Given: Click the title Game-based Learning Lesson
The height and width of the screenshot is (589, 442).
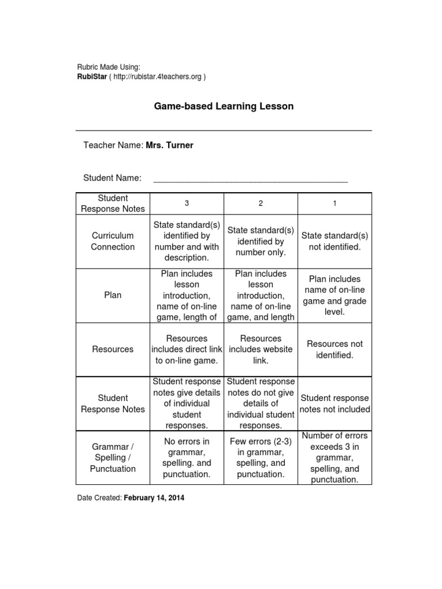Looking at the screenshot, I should [223, 106].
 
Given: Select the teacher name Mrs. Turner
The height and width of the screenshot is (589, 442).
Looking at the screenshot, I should [169, 145].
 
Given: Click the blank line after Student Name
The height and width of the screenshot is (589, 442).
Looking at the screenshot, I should [250, 179].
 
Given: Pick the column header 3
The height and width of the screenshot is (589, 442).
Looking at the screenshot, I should [186, 204].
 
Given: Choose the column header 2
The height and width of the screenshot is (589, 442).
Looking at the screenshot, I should [261, 204].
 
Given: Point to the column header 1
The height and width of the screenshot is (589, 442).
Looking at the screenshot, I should [334, 204].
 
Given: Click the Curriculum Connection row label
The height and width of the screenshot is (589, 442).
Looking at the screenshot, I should [113, 241].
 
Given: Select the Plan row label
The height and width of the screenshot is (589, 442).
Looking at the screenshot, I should [113, 295].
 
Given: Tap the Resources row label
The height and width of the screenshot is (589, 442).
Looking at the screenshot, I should [113, 349].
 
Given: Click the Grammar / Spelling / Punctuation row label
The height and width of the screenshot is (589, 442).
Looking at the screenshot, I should [113, 458].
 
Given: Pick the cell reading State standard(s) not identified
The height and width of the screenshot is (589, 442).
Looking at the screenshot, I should [334, 241].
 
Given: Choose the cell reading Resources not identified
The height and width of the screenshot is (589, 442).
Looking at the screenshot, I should [334, 349].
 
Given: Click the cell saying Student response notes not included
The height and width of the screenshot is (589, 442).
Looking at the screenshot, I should [334, 404].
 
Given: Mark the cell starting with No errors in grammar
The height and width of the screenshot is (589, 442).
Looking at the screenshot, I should [186, 458].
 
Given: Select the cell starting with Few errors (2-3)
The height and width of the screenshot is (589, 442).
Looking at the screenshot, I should [261, 458].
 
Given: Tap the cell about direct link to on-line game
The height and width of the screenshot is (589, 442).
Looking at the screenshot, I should [186, 349].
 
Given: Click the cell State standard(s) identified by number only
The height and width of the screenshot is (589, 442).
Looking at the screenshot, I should [261, 241].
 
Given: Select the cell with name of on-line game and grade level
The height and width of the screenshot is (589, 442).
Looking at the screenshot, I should [334, 295].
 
